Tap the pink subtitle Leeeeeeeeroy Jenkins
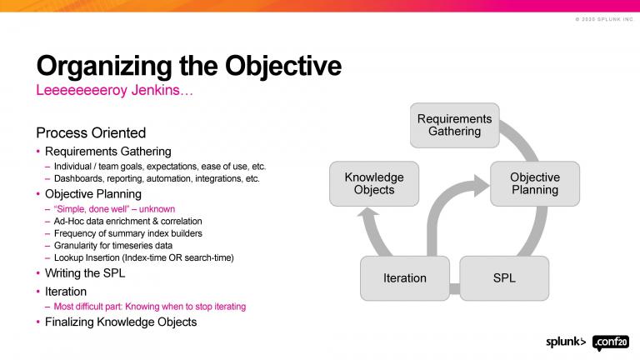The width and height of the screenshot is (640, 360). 114,90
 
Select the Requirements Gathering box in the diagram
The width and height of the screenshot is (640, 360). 454,125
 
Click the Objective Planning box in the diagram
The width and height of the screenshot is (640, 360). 534,183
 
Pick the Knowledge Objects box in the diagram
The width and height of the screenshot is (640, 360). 374,183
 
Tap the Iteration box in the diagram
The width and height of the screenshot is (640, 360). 404,277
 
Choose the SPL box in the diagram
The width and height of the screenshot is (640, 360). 504,277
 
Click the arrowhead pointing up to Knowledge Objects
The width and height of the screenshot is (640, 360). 368,218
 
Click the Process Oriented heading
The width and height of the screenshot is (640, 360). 91,133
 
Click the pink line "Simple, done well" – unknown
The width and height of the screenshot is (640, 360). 114,208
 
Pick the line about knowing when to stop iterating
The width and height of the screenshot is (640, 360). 150,307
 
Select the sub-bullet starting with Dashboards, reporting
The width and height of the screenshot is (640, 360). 157,178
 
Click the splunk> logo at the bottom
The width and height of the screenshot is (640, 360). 566,342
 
